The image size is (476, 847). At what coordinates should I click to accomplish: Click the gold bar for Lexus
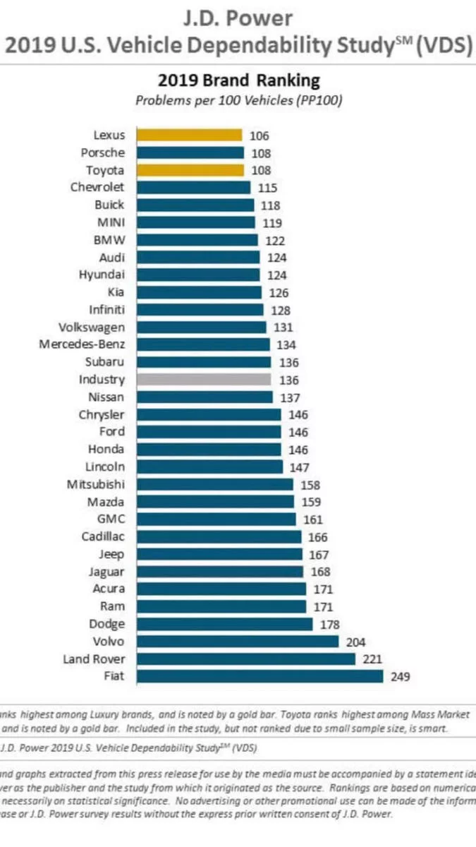(x=189, y=135)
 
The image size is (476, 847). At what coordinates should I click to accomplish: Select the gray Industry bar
(x=203, y=379)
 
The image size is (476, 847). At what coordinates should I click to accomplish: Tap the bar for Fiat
(x=260, y=676)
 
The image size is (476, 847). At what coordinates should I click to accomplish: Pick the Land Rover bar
(x=245, y=659)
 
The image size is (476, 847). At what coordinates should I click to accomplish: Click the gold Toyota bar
(x=190, y=170)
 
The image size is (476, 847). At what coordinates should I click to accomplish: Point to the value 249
(x=400, y=677)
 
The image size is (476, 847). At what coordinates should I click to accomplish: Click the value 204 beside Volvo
(x=355, y=642)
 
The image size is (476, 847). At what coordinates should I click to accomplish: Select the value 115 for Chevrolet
(x=267, y=188)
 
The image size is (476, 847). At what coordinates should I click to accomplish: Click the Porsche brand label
(x=103, y=152)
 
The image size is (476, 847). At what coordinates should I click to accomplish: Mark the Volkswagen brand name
(x=92, y=327)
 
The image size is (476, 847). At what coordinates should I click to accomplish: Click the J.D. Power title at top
(x=237, y=17)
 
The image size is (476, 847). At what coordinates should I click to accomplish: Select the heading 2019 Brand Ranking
(x=238, y=80)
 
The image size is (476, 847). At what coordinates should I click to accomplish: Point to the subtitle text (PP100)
(x=319, y=100)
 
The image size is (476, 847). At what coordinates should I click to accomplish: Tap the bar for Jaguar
(x=219, y=571)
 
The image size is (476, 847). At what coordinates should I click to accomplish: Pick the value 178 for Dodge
(x=329, y=624)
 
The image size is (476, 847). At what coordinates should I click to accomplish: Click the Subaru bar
(x=203, y=362)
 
